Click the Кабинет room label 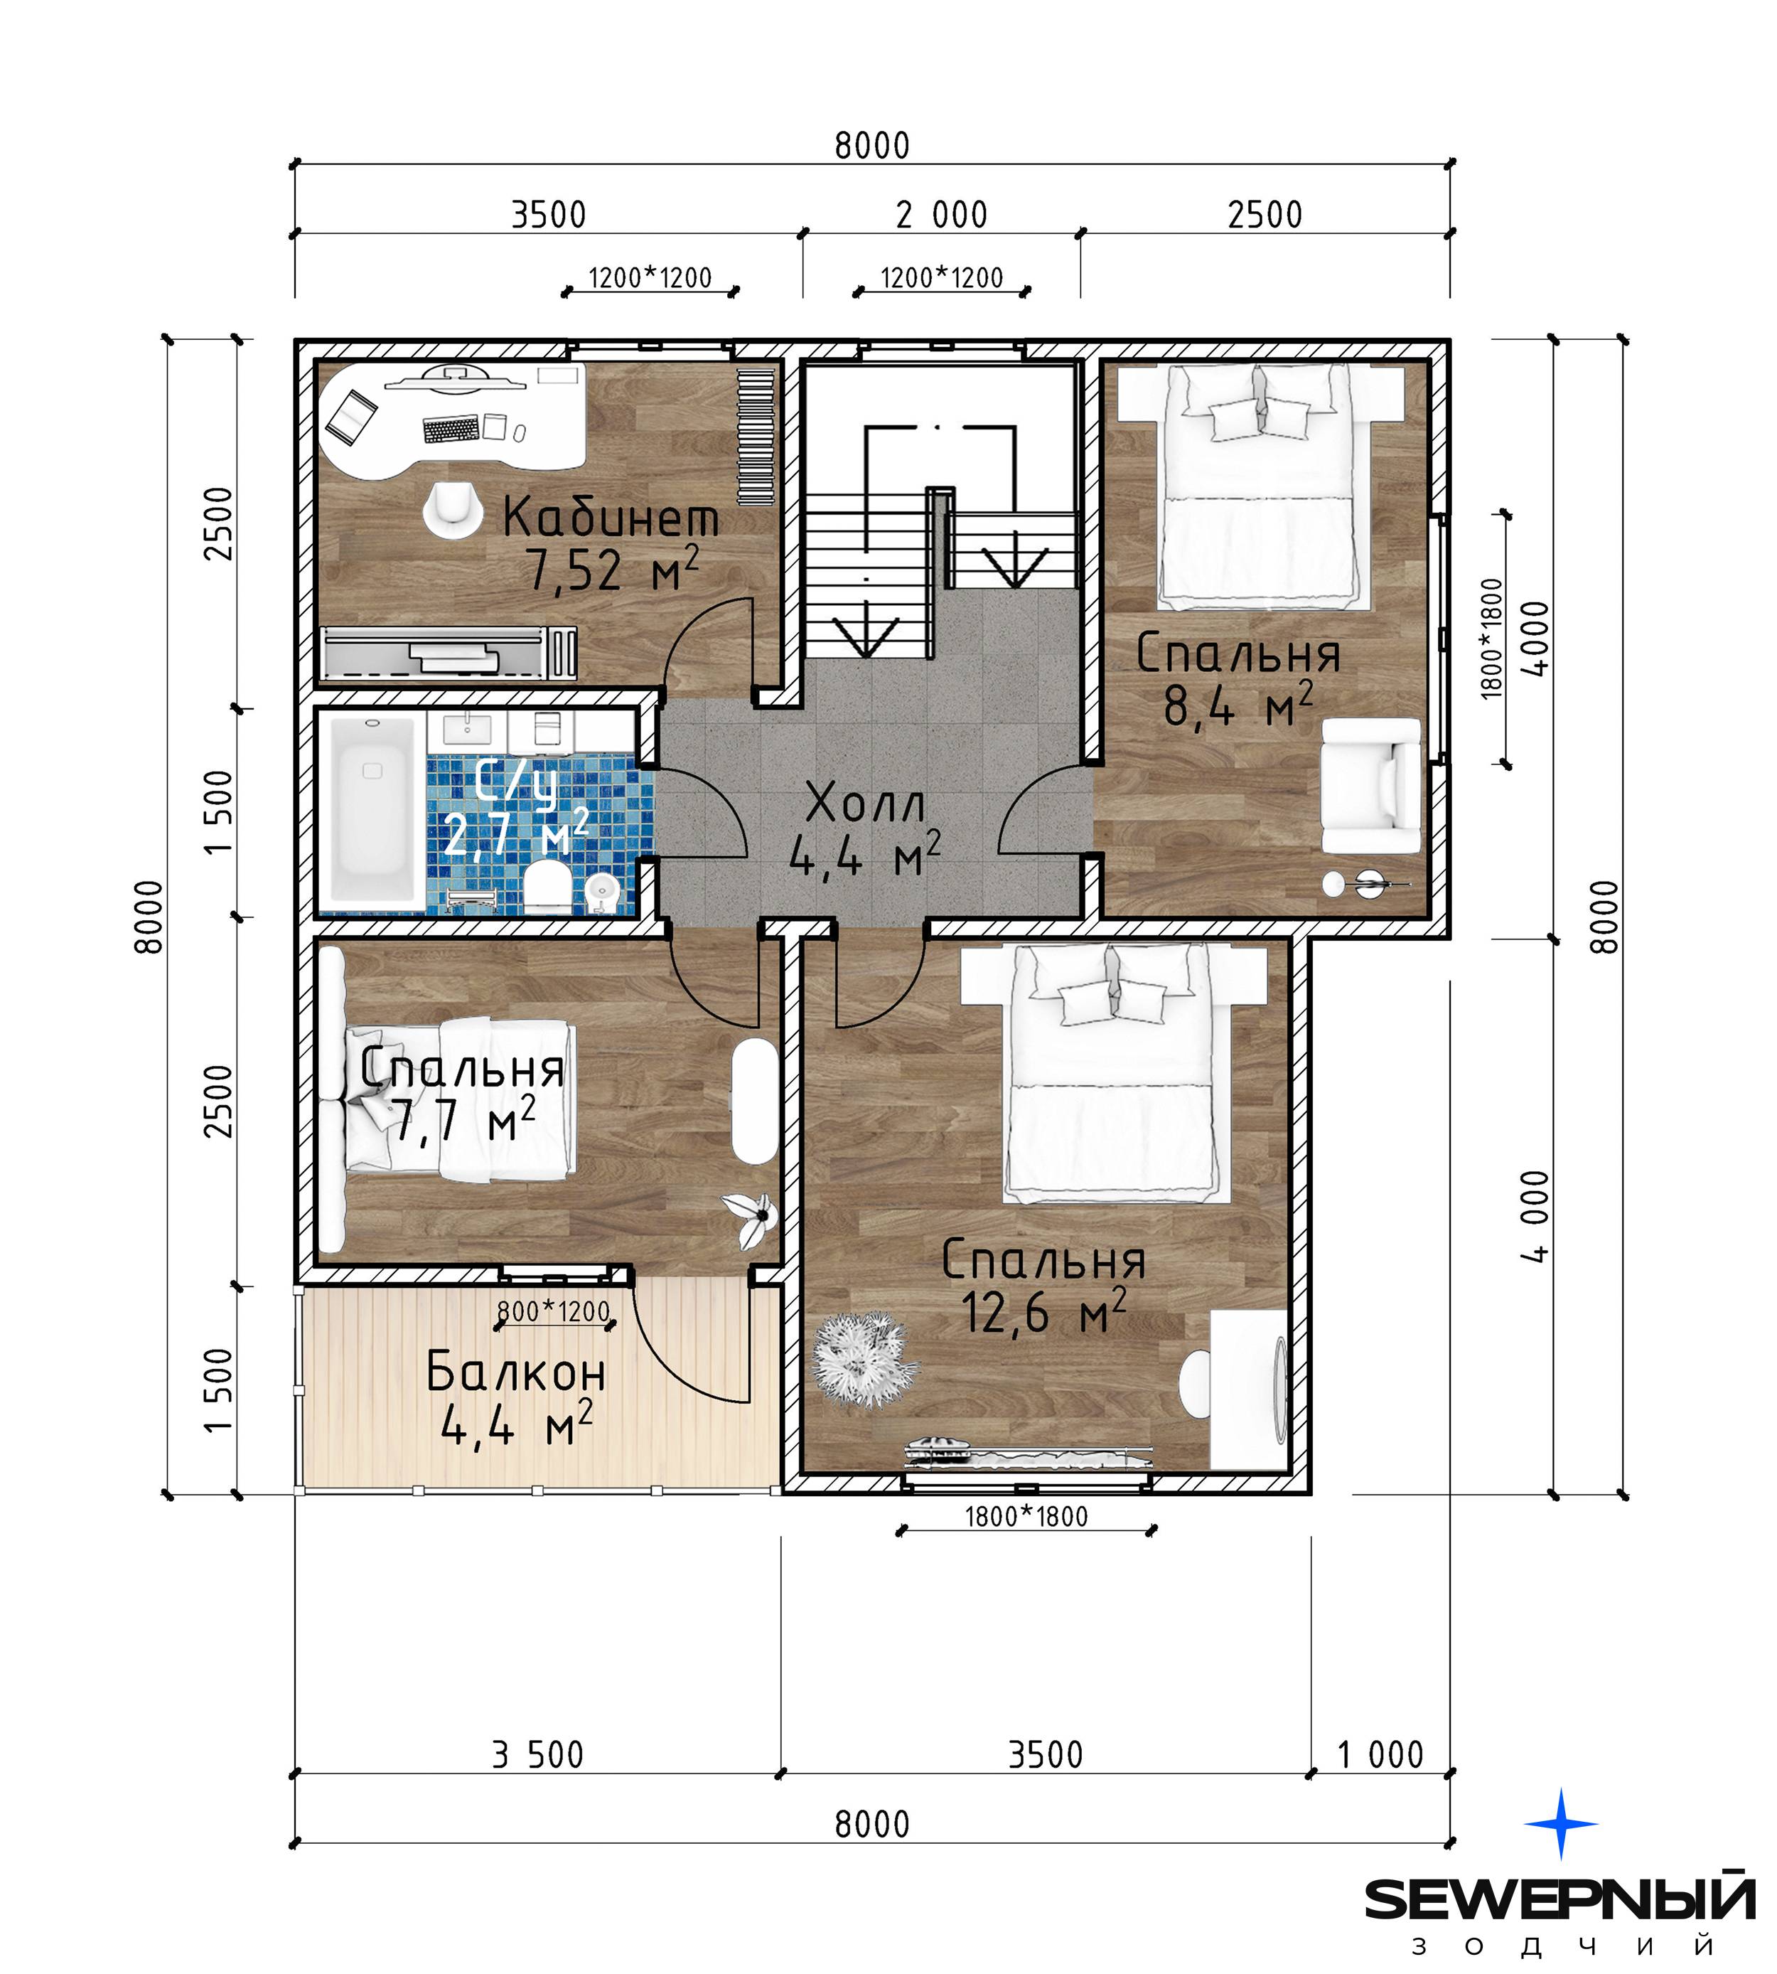[x=611, y=518]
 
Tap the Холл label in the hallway [x=866, y=805]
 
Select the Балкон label [x=517, y=1373]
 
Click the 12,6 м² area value [x=1043, y=1312]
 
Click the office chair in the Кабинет [x=452, y=510]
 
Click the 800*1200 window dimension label [x=554, y=1312]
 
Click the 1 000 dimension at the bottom [x=1380, y=1755]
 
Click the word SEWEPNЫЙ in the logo [x=1559, y=1898]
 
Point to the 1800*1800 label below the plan [x=1026, y=1517]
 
